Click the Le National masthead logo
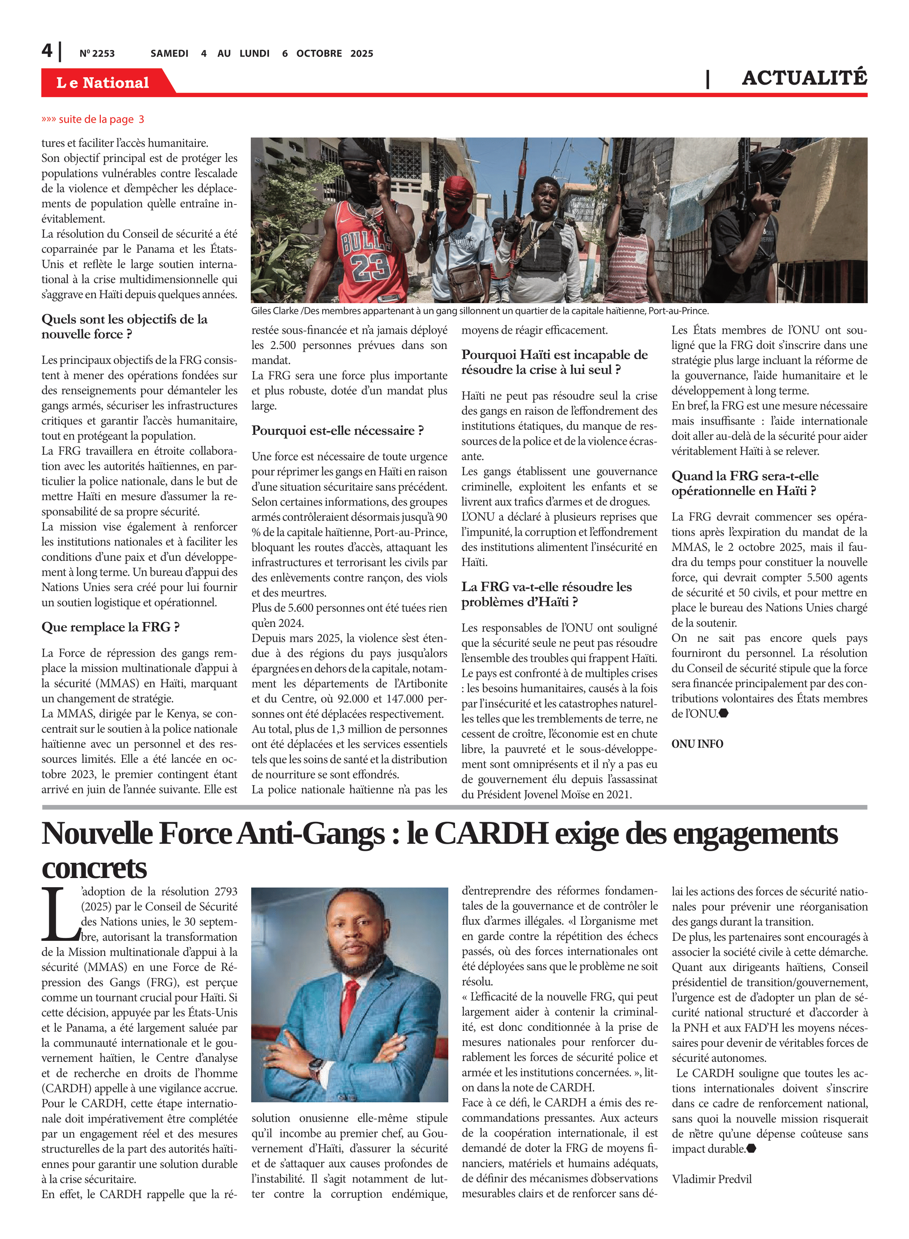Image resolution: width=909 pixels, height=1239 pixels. point(103,83)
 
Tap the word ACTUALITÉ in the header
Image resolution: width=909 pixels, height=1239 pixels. point(804,78)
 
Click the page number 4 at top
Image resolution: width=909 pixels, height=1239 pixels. point(47,51)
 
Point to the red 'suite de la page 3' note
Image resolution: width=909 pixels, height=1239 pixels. point(93,119)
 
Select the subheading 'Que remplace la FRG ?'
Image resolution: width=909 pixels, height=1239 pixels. point(111,627)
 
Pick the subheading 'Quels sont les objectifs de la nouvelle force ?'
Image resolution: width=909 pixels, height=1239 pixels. point(124,327)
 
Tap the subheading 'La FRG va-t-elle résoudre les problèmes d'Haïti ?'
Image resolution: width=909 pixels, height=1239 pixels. point(546,594)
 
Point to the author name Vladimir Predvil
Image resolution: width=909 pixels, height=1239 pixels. point(711,1179)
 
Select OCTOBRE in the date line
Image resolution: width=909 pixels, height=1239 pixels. point(319,53)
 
